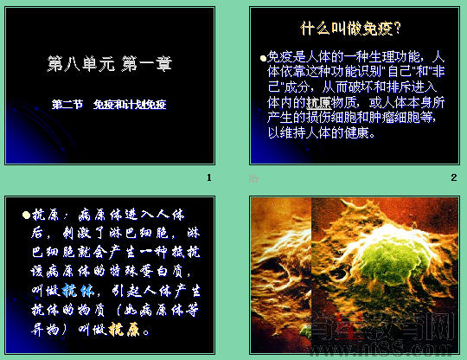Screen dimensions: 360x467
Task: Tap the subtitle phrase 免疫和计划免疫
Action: (x=130, y=106)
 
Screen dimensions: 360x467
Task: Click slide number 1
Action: (x=208, y=177)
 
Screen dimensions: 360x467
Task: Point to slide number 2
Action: (x=453, y=177)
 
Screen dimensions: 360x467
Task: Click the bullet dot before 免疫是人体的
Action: (x=264, y=57)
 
